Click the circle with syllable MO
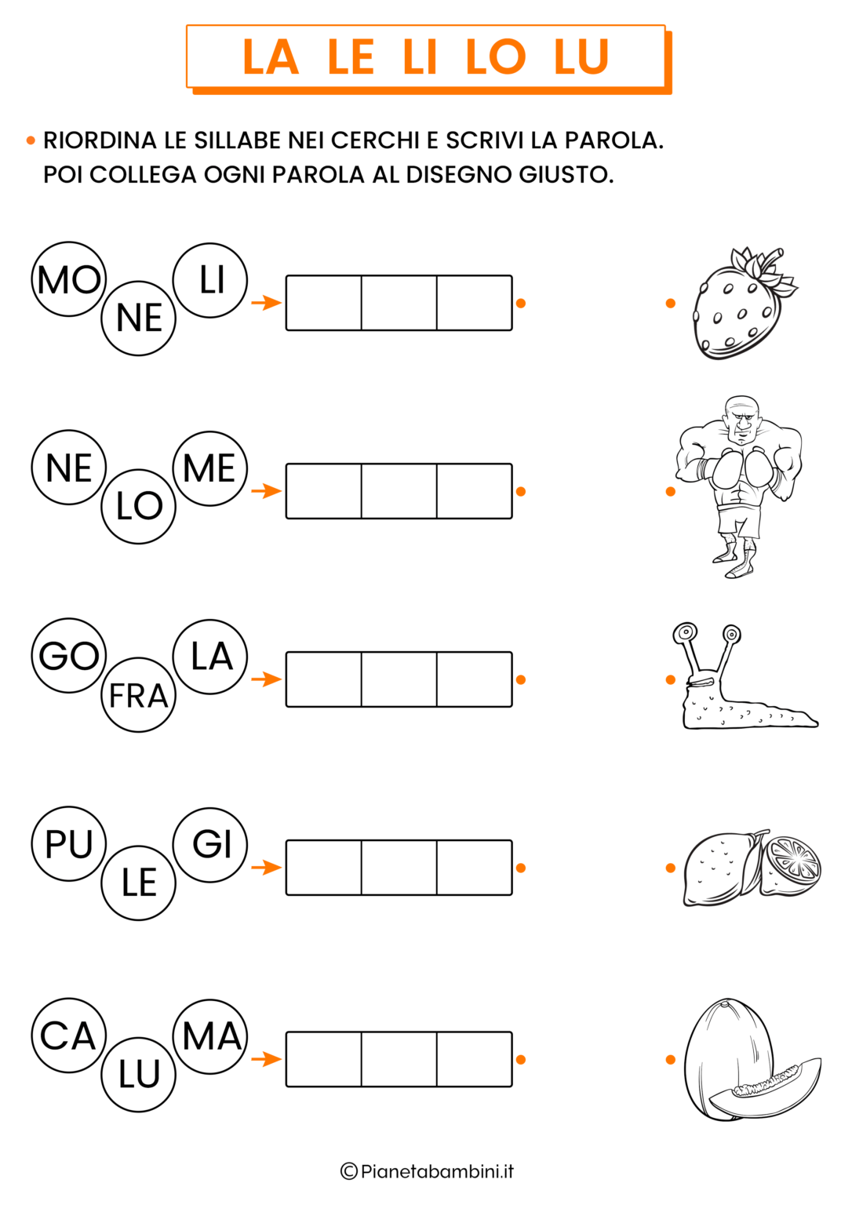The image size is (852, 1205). tap(69, 280)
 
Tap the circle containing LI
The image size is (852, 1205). tap(210, 280)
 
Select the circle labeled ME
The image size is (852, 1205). tap(210, 468)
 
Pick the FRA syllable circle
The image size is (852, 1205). tap(139, 695)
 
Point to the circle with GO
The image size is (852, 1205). tap(69, 656)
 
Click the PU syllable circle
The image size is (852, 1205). tap(69, 844)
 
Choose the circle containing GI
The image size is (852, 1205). tap(210, 844)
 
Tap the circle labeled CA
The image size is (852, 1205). tap(69, 1036)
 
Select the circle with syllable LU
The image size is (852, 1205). tap(139, 1074)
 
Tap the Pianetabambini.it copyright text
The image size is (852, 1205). tap(428, 1171)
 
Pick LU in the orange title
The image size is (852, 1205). tap(581, 57)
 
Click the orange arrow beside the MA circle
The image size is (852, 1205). tap(266, 1059)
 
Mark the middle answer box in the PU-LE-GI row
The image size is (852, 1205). tap(399, 868)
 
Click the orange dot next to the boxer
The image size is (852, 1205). tap(670, 492)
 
